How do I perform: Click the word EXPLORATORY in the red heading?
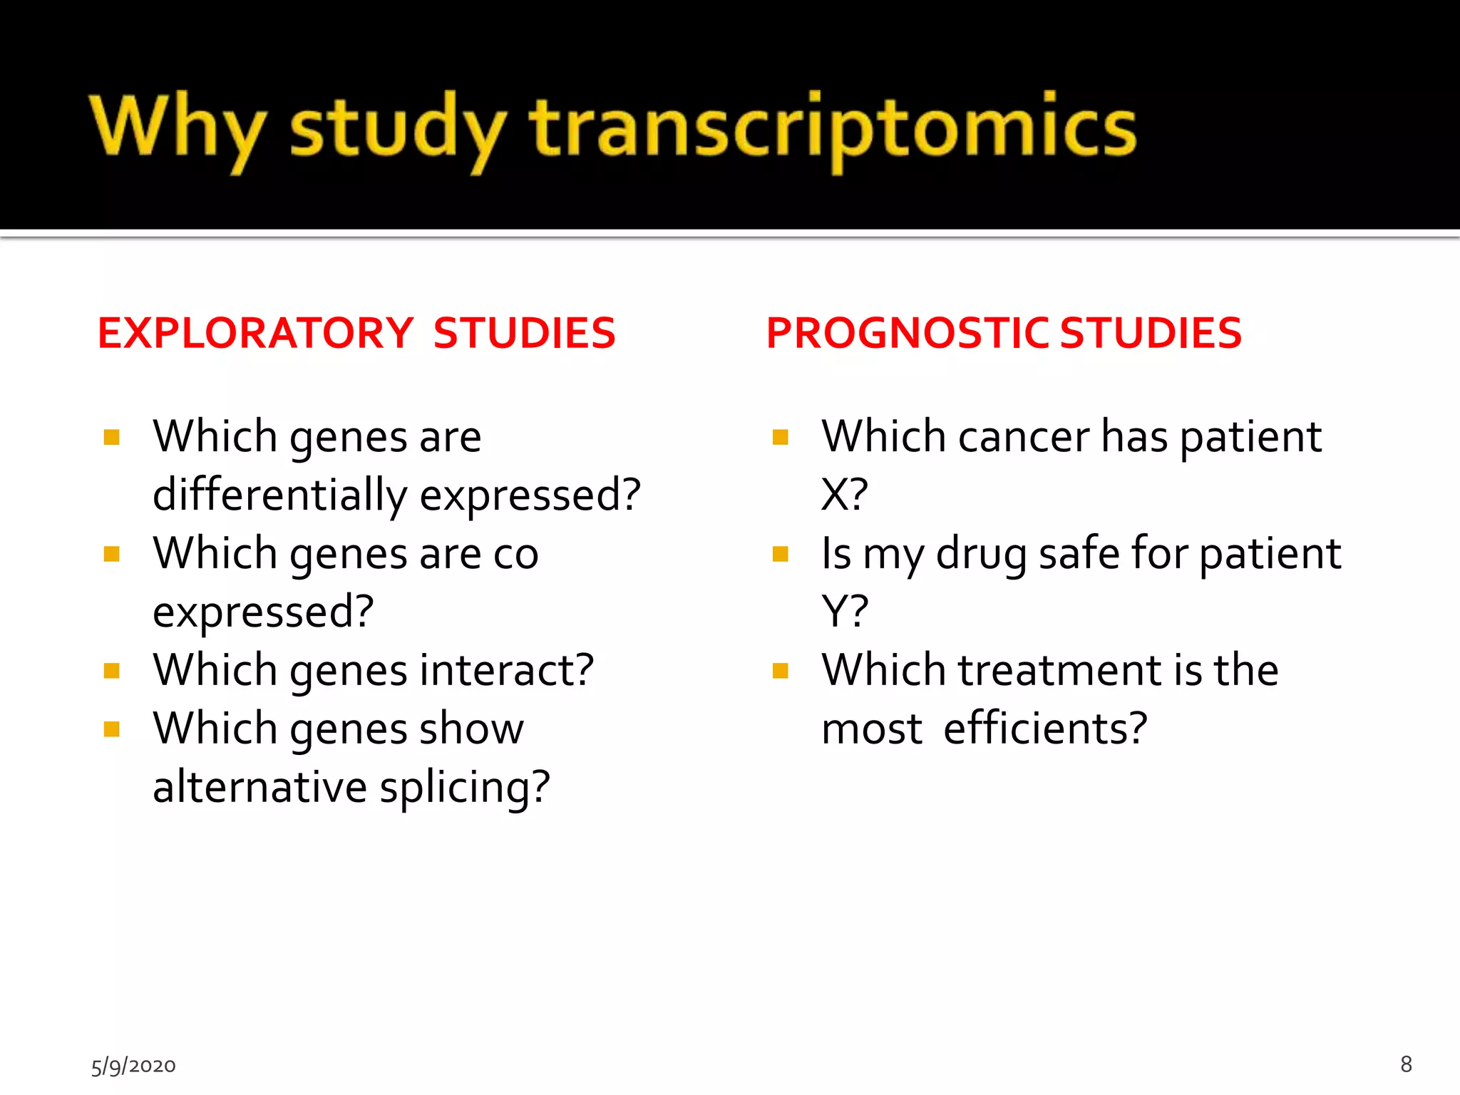click(x=255, y=333)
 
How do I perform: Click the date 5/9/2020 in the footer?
click(x=133, y=1066)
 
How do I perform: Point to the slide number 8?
click(x=1406, y=1064)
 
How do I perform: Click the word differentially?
click(x=279, y=495)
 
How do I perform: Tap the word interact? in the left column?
click(x=507, y=670)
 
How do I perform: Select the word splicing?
click(x=465, y=787)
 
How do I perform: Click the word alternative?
click(x=259, y=787)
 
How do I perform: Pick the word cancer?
click(x=1024, y=436)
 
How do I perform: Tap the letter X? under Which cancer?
click(x=844, y=495)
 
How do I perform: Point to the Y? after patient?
click(x=844, y=612)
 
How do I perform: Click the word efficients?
click(x=1045, y=729)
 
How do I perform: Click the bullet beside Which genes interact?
click(x=111, y=671)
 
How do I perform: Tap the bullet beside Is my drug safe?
click(x=781, y=554)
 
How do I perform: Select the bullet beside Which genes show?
click(x=111, y=729)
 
